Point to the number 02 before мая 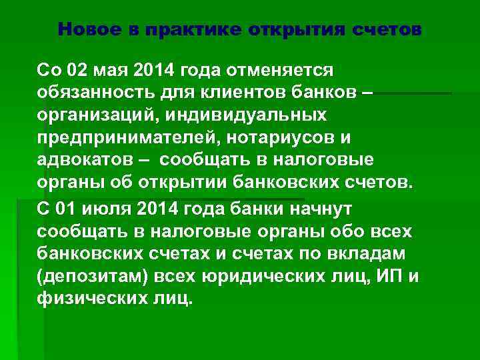78,70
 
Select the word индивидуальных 250,115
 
